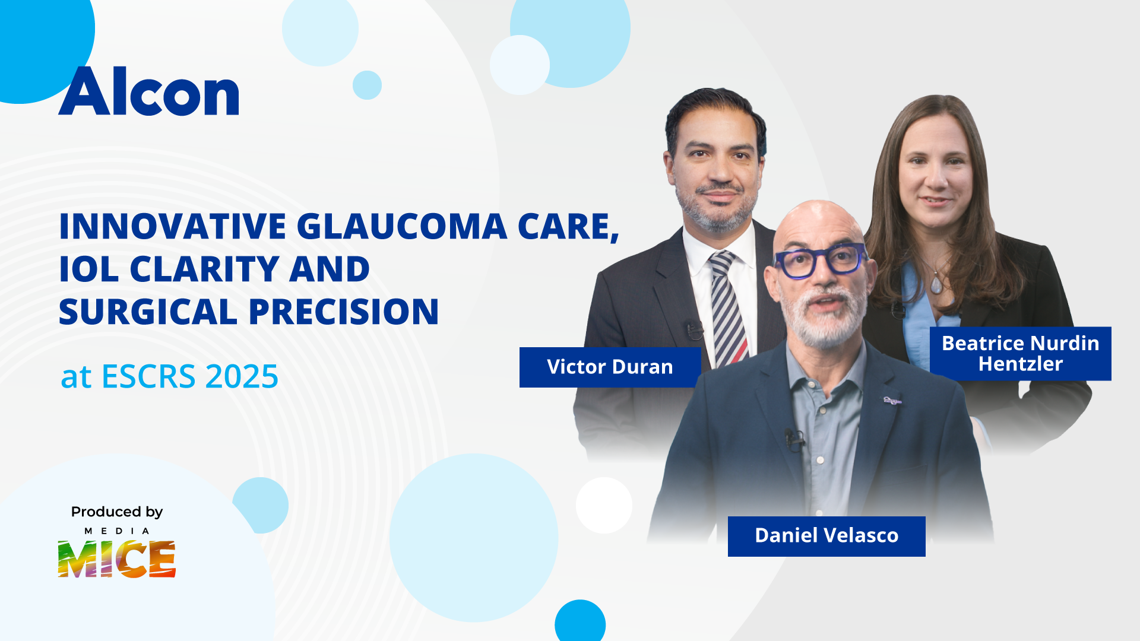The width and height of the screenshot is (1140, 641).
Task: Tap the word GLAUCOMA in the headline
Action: (x=402, y=226)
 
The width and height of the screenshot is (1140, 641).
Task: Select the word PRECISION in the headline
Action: (x=344, y=312)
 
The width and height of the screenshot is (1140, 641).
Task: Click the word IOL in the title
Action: (x=89, y=269)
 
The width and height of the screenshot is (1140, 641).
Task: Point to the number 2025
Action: (x=242, y=376)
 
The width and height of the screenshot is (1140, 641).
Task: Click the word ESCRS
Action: (x=148, y=376)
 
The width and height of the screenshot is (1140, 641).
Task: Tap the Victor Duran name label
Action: (x=610, y=367)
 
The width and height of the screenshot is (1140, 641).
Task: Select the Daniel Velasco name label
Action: (x=826, y=536)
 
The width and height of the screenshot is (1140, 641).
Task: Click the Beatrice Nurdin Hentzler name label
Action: (x=1020, y=354)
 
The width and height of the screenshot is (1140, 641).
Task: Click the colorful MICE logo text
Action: (x=116, y=559)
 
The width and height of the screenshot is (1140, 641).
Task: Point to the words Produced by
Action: (x=117, y=512)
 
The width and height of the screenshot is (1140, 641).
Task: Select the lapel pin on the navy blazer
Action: (x=892, y=401)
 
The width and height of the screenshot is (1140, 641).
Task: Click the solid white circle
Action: (x=604, y=505)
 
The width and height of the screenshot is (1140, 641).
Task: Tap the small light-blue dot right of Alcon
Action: (x=367, y=85)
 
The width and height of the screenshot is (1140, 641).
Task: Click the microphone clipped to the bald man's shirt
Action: (x=793, y=440)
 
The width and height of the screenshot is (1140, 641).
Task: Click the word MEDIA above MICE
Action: (x=116, y=531)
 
